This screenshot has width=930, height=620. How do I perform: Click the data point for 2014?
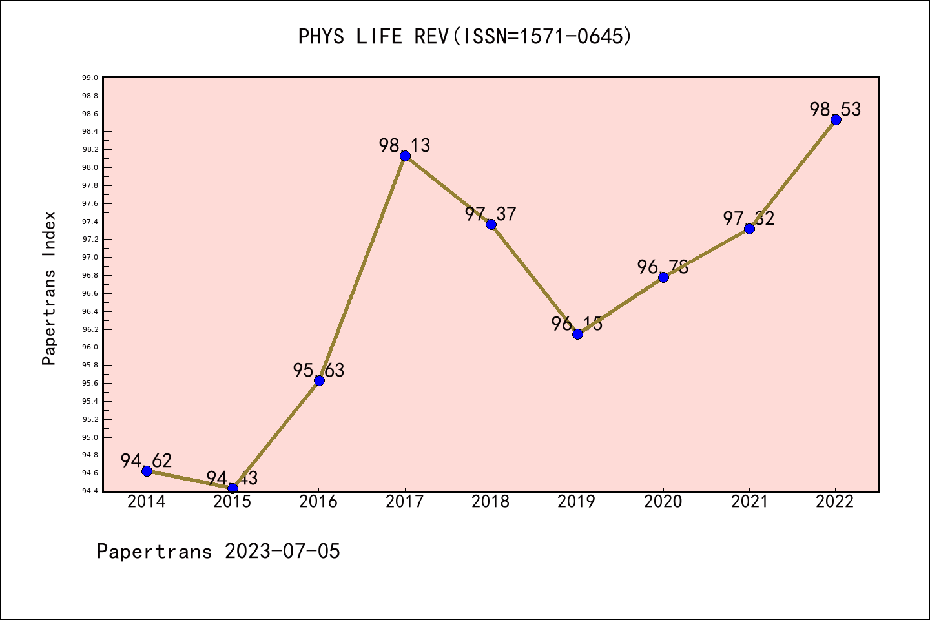click(147, 471)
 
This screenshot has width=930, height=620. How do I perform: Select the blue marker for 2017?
click(405, 156)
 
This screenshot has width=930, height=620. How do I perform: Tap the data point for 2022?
click(836, 119)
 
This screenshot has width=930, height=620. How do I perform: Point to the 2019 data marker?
click(577, 334)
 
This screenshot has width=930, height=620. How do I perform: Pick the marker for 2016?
click(319, 380)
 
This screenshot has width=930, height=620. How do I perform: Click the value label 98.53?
click(836, 109)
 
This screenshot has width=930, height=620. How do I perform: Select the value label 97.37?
click(491, 214)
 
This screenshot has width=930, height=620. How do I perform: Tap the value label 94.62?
click(147, 460)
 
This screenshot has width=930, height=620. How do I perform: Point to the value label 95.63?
click(319, 370)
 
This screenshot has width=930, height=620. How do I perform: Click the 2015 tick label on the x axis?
click(232, 502)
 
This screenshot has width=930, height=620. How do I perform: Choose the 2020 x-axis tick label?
click(663, 502)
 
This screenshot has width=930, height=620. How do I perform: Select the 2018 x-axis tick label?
click(491, 502)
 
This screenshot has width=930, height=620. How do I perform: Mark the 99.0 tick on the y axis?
click(90, 78)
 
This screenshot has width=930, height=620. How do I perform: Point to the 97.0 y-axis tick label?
click(90, 258)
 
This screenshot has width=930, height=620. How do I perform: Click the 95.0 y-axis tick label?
click(90, 437)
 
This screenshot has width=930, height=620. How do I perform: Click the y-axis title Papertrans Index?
click(49, 288)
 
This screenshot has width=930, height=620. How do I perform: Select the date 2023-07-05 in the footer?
click(282, 551)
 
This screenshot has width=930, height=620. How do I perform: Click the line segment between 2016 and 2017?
click(362, 268)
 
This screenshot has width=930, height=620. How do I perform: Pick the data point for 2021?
click(749, 229)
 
